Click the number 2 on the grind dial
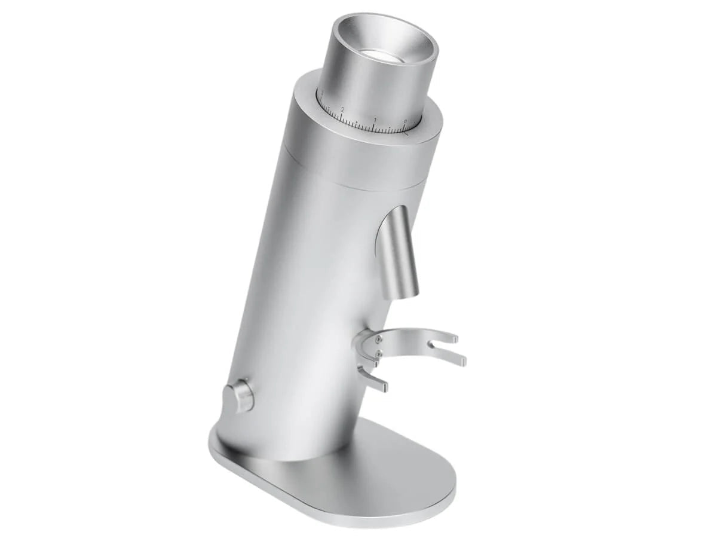pyautogui.click(x=342, y=110)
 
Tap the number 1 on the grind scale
pyautogui.click(x=375, y=120)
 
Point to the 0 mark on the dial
pyautogui.click(x=406, y=122)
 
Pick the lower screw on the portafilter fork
pyautogui.click(x=378, y=354)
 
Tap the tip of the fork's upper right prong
pyautogui.click(x=455, y=339)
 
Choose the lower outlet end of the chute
pyautogui.click(x=406, y=291)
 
